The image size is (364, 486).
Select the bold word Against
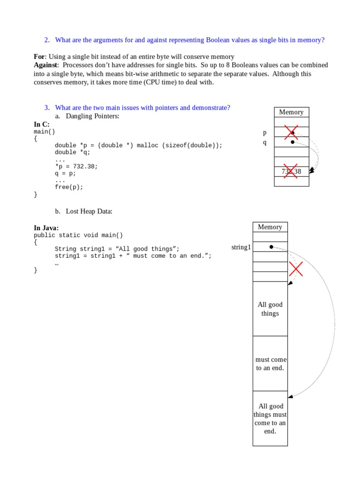45,65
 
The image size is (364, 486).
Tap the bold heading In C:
42,124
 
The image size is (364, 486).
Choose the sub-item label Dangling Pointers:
92,116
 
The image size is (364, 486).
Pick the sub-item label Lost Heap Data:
89,211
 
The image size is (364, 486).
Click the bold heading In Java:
46,228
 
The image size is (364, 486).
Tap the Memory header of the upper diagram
291,112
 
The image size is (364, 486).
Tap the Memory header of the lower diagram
270,227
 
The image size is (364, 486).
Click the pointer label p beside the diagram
265,132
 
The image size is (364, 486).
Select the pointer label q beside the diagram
265,142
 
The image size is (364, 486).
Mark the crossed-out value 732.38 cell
291,171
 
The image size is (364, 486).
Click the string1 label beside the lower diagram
241,247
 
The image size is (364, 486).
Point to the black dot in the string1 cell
271,247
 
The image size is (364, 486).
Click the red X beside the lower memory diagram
296,270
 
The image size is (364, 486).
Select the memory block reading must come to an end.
270,364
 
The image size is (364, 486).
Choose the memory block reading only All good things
270,309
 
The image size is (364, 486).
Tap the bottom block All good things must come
270,419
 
